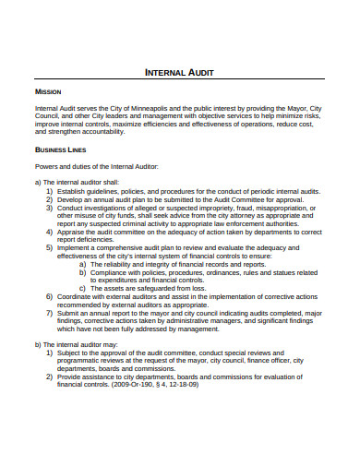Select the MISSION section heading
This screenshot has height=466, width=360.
(48, 93)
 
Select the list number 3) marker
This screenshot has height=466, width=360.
(50, 208)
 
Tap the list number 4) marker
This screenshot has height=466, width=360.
(50, 233)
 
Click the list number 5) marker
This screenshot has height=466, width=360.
(50, 248)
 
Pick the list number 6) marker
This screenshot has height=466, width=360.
(50, 297)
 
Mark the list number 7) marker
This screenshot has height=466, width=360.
(50, 313)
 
